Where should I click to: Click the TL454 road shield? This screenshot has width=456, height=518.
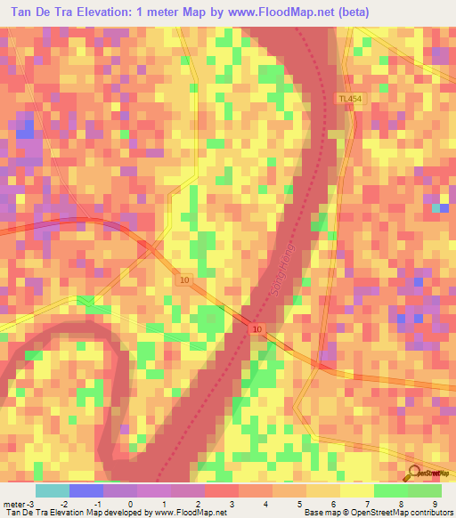350,99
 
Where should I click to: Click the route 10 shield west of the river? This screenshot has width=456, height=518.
183,280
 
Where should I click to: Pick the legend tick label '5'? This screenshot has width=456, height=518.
298,504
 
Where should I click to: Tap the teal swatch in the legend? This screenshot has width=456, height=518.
53,490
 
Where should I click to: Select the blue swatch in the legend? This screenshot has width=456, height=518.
86,490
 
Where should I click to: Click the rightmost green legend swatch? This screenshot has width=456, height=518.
425,490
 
